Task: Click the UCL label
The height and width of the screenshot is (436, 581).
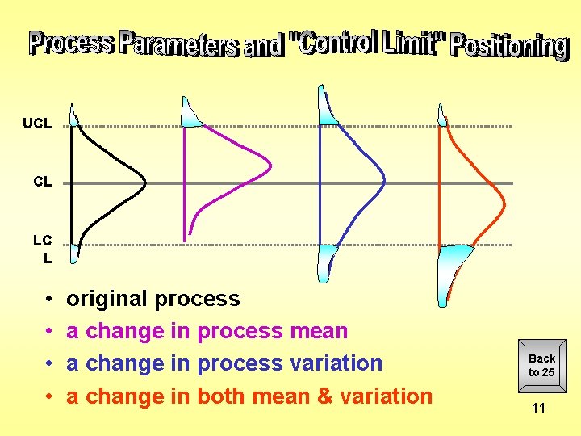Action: click(37, 124)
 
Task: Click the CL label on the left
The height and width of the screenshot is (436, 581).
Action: click(42, 182)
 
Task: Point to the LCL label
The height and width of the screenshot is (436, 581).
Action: click(43, 249)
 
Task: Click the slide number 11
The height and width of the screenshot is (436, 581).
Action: click(538, 408)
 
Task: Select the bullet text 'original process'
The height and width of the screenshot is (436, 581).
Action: click(153, 299)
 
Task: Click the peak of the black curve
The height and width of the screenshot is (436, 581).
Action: click(144, 183)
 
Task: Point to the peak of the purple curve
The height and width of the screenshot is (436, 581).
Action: click(270, 166)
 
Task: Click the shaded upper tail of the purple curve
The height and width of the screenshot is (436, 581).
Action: click(190, 114)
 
